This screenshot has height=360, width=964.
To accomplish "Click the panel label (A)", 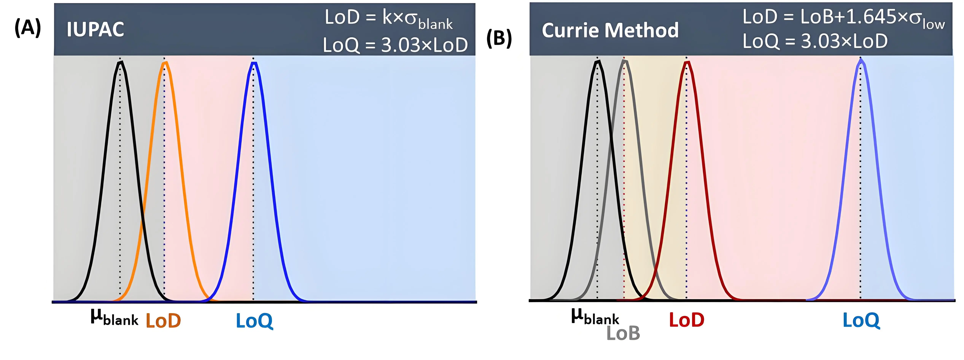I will click(27, 28).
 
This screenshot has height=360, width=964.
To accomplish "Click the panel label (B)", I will click(499, 39).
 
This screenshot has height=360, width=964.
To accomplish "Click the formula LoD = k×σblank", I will click(388, 18).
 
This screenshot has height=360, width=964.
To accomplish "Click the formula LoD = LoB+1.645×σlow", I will click(843, 18).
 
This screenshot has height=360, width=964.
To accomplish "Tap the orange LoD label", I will click(163, 321).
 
